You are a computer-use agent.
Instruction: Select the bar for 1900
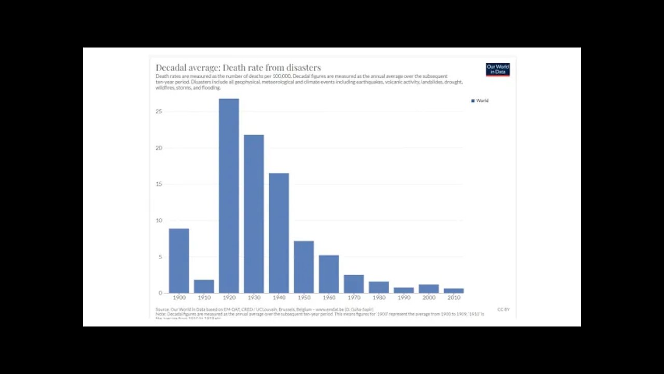(x=179, y=261)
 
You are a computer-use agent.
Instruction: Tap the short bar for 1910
(x=204, y=286)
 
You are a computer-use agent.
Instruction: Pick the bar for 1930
(x=254, y=214)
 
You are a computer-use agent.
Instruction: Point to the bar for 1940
(x=279, y=233)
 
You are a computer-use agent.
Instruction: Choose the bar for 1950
(x=303, y=267)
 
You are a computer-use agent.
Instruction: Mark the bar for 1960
(x=328, y=274)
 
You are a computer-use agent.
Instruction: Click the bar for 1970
(x=353, y=284)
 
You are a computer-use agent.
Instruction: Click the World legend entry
(x=480, y=101)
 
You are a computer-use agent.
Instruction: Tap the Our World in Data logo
(x=497, y=70)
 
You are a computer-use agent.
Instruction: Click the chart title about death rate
(x=238, y=68)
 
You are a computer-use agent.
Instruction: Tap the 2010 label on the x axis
(x=454, y=298)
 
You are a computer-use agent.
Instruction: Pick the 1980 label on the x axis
(x=379, y=298)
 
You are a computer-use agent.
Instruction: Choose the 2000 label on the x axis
(x=429, y=298)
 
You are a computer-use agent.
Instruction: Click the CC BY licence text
(x=503, y=310)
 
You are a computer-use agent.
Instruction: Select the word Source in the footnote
(x=162, y=310)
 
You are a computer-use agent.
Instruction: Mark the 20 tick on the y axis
(x=159, y=148)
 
